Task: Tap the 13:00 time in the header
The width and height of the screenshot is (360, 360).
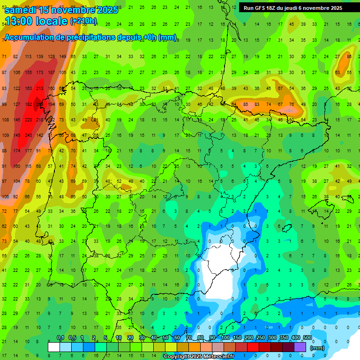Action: [20, 21]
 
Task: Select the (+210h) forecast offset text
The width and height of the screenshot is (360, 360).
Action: [83, 21]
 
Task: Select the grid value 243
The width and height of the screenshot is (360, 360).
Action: [28, 135]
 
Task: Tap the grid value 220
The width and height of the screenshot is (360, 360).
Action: [28, 120]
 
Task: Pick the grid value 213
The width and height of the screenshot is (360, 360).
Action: [40, 88]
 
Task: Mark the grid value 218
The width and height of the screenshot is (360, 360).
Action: [40, 120]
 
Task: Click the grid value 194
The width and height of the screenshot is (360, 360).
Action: [51, 104]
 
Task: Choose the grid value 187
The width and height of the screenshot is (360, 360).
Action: [51, 73]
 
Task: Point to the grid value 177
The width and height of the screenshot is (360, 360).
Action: [28, 150]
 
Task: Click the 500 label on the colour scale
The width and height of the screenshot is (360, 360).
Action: [307, 338]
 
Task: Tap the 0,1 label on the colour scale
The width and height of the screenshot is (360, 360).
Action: [60, 338]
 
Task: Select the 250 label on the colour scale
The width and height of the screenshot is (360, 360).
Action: [261, 338]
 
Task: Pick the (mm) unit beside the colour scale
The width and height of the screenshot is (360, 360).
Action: [317, 348]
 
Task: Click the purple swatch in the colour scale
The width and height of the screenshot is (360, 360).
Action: [300, 347]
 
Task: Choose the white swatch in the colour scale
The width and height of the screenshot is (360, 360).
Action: [54, 347]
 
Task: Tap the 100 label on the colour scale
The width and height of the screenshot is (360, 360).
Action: [225, 338]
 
